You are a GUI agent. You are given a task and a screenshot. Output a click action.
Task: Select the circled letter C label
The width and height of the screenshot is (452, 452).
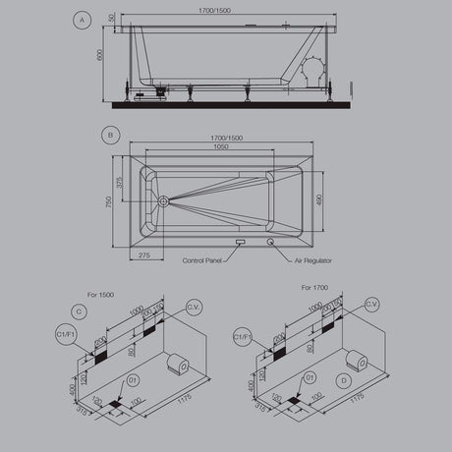point(81,311)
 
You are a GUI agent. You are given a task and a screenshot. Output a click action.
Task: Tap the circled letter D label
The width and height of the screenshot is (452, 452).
point(342,378)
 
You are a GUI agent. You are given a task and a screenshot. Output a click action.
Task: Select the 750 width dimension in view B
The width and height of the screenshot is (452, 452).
point(108,200)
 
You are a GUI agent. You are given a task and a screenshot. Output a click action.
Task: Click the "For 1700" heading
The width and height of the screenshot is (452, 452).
point(312,288)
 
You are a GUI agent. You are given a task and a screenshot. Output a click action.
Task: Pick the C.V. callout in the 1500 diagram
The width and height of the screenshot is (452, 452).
point(193,307)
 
